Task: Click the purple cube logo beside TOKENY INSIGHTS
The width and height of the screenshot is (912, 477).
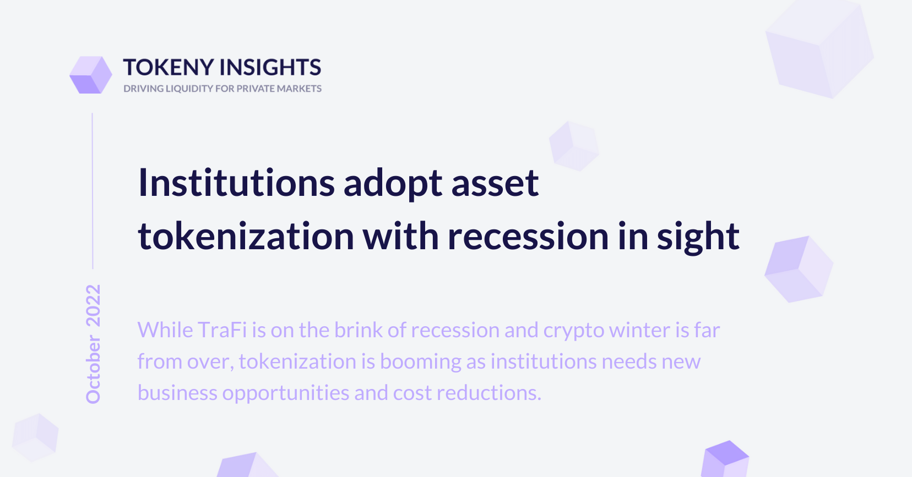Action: (91, 75)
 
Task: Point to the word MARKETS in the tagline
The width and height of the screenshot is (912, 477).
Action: (299, 89)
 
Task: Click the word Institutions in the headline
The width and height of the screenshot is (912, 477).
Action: (237, 183)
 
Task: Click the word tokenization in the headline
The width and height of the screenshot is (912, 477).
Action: (246, 236)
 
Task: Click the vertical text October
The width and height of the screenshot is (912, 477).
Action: (93, 370)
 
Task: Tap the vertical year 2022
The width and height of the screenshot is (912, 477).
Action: (93, 306)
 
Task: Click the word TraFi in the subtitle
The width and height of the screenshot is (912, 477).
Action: (222, 330)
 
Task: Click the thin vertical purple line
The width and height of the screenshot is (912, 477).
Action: (93, 191)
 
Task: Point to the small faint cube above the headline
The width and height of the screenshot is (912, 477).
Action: (574, 146)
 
